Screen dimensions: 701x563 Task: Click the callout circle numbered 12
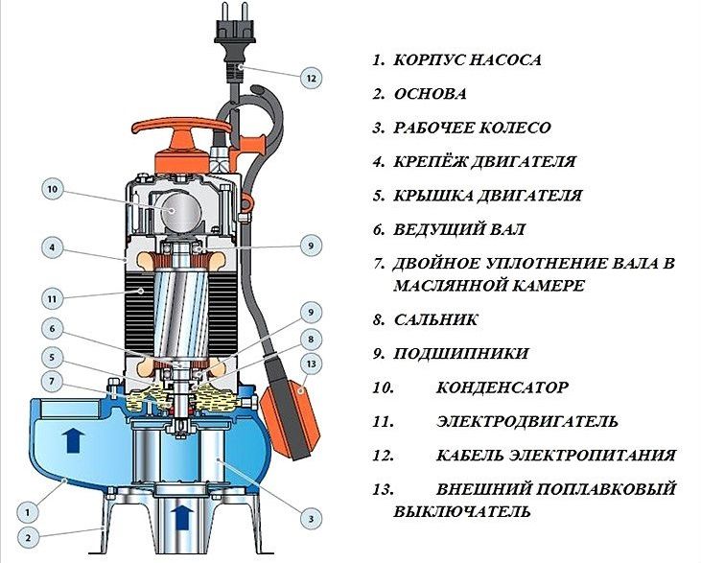pos(311,79)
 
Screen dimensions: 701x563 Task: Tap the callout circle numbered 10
pos(53,189)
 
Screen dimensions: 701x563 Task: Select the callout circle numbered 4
pos(53,247)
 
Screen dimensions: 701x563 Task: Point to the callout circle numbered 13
pos(311,364)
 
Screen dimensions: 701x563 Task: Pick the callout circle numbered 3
pos(311,519)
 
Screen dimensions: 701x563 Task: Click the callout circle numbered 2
pos(28,537)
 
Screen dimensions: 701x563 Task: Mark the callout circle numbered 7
pos(53,382)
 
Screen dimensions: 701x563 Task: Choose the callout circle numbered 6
pos(53,329)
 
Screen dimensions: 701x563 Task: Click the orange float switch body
pos(291,418)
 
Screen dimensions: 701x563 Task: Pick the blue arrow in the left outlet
pos(73,439)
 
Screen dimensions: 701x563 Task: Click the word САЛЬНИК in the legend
pos(435,319)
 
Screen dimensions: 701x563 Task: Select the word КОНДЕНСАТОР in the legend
pos(502,387)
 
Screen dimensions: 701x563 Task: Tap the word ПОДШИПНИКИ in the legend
pos(461,354)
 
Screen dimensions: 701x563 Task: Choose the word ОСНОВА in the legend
pos(430,94)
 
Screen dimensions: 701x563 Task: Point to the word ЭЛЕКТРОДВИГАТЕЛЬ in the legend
pos(527,421)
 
